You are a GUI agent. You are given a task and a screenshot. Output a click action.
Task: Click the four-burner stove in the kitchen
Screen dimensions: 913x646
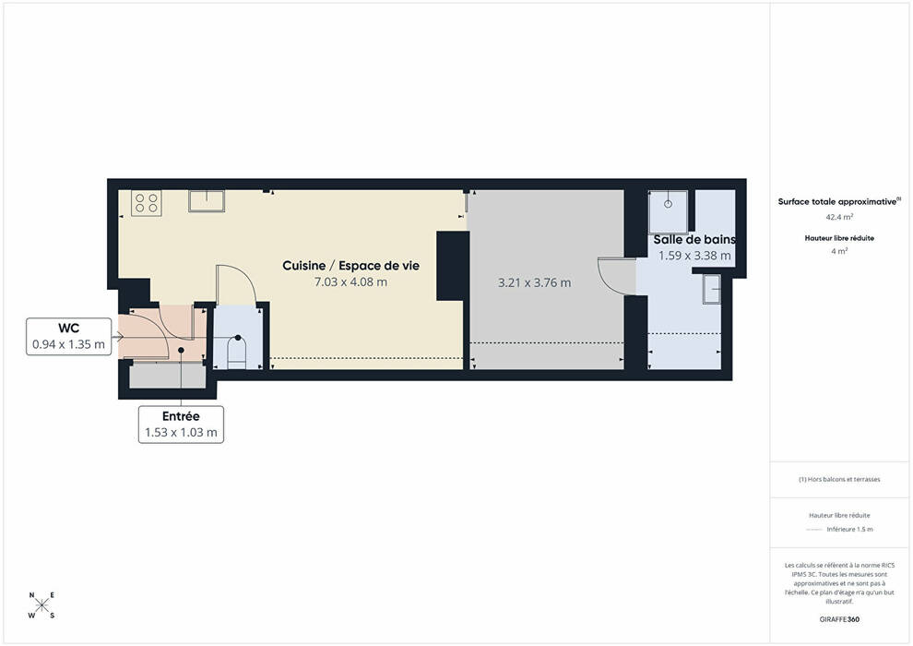146,203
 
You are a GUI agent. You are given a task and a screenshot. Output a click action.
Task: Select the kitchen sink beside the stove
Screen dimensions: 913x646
207,201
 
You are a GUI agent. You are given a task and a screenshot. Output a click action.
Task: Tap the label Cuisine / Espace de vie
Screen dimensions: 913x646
350,266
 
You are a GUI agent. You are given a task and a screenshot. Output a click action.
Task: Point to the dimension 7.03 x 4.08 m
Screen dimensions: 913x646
350,282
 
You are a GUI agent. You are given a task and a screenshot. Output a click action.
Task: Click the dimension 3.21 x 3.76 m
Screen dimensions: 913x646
534,283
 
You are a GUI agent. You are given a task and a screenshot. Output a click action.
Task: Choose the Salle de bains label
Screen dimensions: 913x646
694,239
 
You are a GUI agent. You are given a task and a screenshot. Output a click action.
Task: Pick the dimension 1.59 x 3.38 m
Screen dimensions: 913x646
694,256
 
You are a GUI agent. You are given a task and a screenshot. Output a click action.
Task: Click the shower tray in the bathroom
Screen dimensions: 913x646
669,211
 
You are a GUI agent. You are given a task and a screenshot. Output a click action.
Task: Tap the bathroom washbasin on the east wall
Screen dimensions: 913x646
712,289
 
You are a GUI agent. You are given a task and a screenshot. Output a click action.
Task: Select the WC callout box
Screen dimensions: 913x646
69,336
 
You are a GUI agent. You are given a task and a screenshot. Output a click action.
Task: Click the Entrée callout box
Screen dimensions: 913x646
181,425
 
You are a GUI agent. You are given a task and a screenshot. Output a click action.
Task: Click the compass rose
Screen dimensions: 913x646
41,605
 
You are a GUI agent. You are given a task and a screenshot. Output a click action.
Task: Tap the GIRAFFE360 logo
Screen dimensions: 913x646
839,619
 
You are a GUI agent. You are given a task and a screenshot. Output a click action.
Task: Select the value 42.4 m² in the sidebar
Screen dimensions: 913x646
839,217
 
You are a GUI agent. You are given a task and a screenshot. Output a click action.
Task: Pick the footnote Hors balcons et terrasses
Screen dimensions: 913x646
839,479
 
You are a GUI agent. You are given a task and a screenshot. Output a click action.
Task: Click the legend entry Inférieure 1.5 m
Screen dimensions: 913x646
849,530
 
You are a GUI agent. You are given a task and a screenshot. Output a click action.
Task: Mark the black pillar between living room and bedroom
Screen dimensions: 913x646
453,266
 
